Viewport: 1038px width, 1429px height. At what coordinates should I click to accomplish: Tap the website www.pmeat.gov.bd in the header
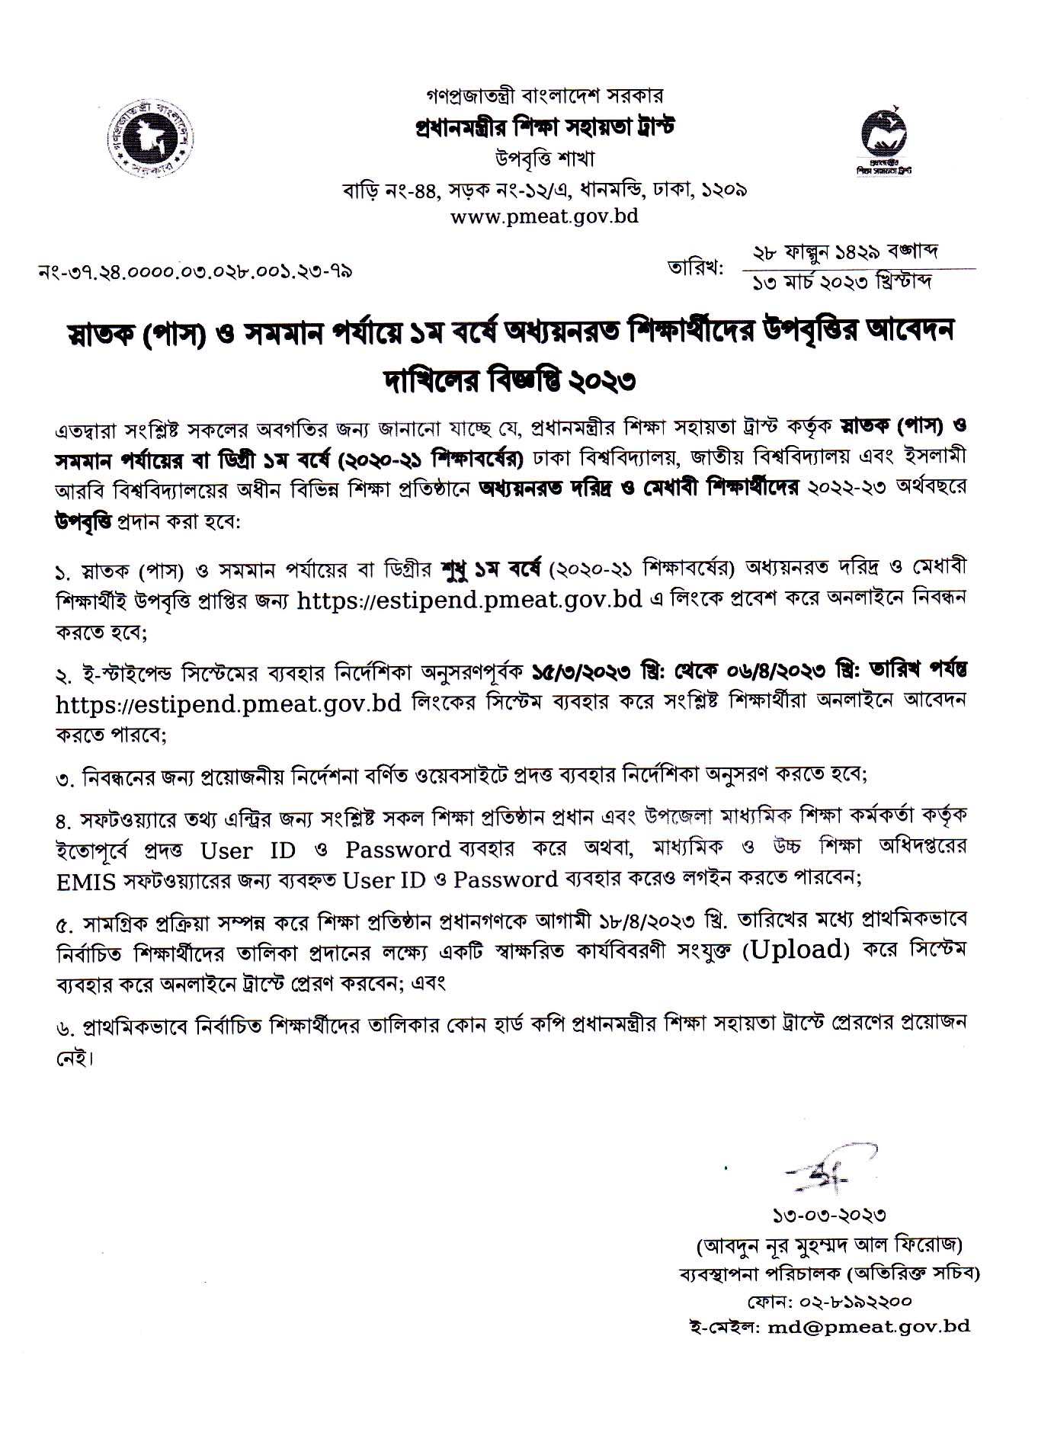pos(544,216)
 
